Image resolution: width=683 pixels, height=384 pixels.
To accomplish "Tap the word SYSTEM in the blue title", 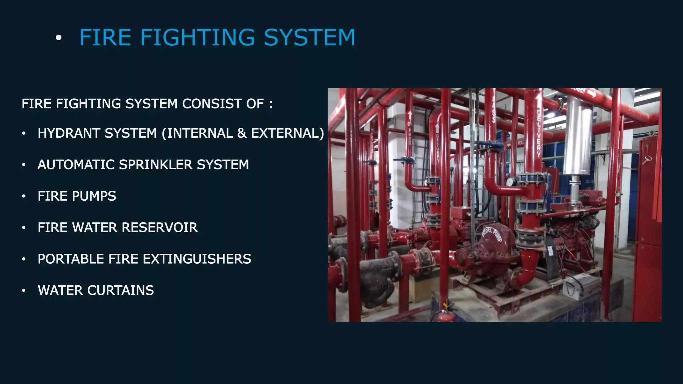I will (309, 37).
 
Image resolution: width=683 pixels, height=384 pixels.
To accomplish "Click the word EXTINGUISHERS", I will (195, 259).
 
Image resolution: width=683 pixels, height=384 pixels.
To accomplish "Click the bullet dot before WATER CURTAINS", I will (24, 291).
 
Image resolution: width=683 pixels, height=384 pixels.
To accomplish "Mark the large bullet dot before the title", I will (59, 38).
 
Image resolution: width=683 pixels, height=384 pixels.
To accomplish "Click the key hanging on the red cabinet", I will (648, 160).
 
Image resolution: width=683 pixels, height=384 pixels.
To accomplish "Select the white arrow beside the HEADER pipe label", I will (592, 94).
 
